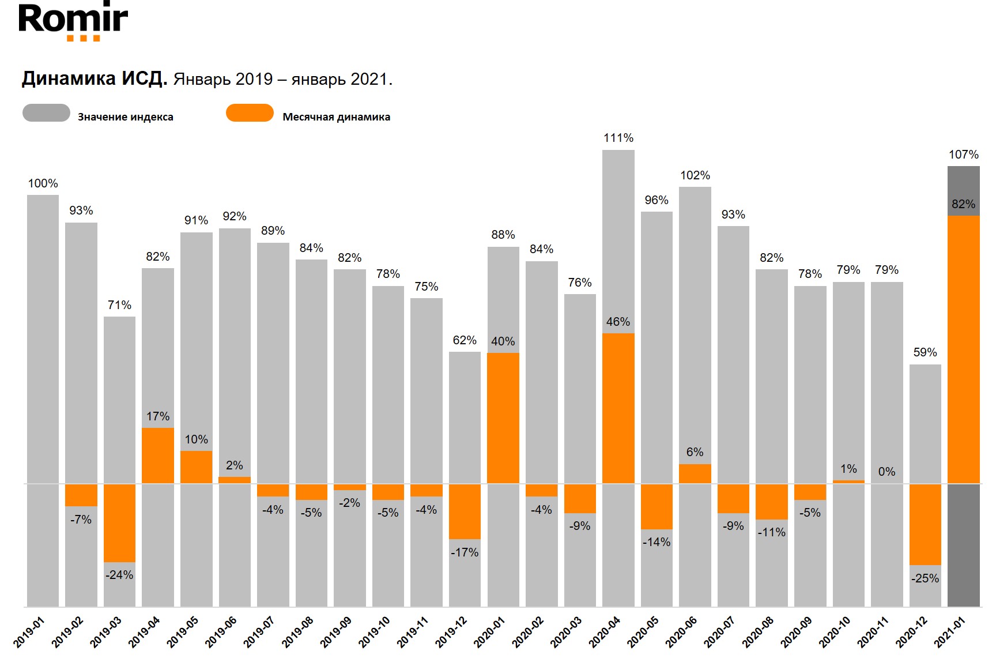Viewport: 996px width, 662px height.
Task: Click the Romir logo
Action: tap(73, 22)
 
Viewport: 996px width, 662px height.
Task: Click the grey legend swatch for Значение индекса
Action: tap(46, 113)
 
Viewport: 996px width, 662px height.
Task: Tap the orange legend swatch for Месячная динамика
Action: tap(250, 113)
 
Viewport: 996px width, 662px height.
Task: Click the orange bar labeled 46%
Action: tap(618, 408)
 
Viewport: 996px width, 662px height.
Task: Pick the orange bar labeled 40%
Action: tap(503, 417)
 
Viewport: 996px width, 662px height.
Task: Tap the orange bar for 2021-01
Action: tap(963, 349)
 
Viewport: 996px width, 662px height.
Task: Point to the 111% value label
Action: tap(618, 138)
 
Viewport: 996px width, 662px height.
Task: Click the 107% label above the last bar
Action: tap(964, 155)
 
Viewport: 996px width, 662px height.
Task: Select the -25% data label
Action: tap(925, 578)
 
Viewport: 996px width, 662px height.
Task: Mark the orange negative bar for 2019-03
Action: tap(119, 522)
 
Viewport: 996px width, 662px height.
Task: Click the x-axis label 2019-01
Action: tap(29, 632)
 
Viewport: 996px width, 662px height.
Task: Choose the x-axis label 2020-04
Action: tap(605, 632)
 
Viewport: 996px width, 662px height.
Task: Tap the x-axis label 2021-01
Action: tap(950, 632)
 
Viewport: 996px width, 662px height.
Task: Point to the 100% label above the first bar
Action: tap(43, 183)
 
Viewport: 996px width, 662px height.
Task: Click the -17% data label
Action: tap(465, 552)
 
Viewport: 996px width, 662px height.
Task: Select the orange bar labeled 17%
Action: tap(158, 455)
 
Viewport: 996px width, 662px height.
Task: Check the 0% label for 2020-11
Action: tap(886, 472)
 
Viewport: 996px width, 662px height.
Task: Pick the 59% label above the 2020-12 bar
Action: tap(925, 352)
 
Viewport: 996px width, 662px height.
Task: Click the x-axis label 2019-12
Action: tap(451, 632)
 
